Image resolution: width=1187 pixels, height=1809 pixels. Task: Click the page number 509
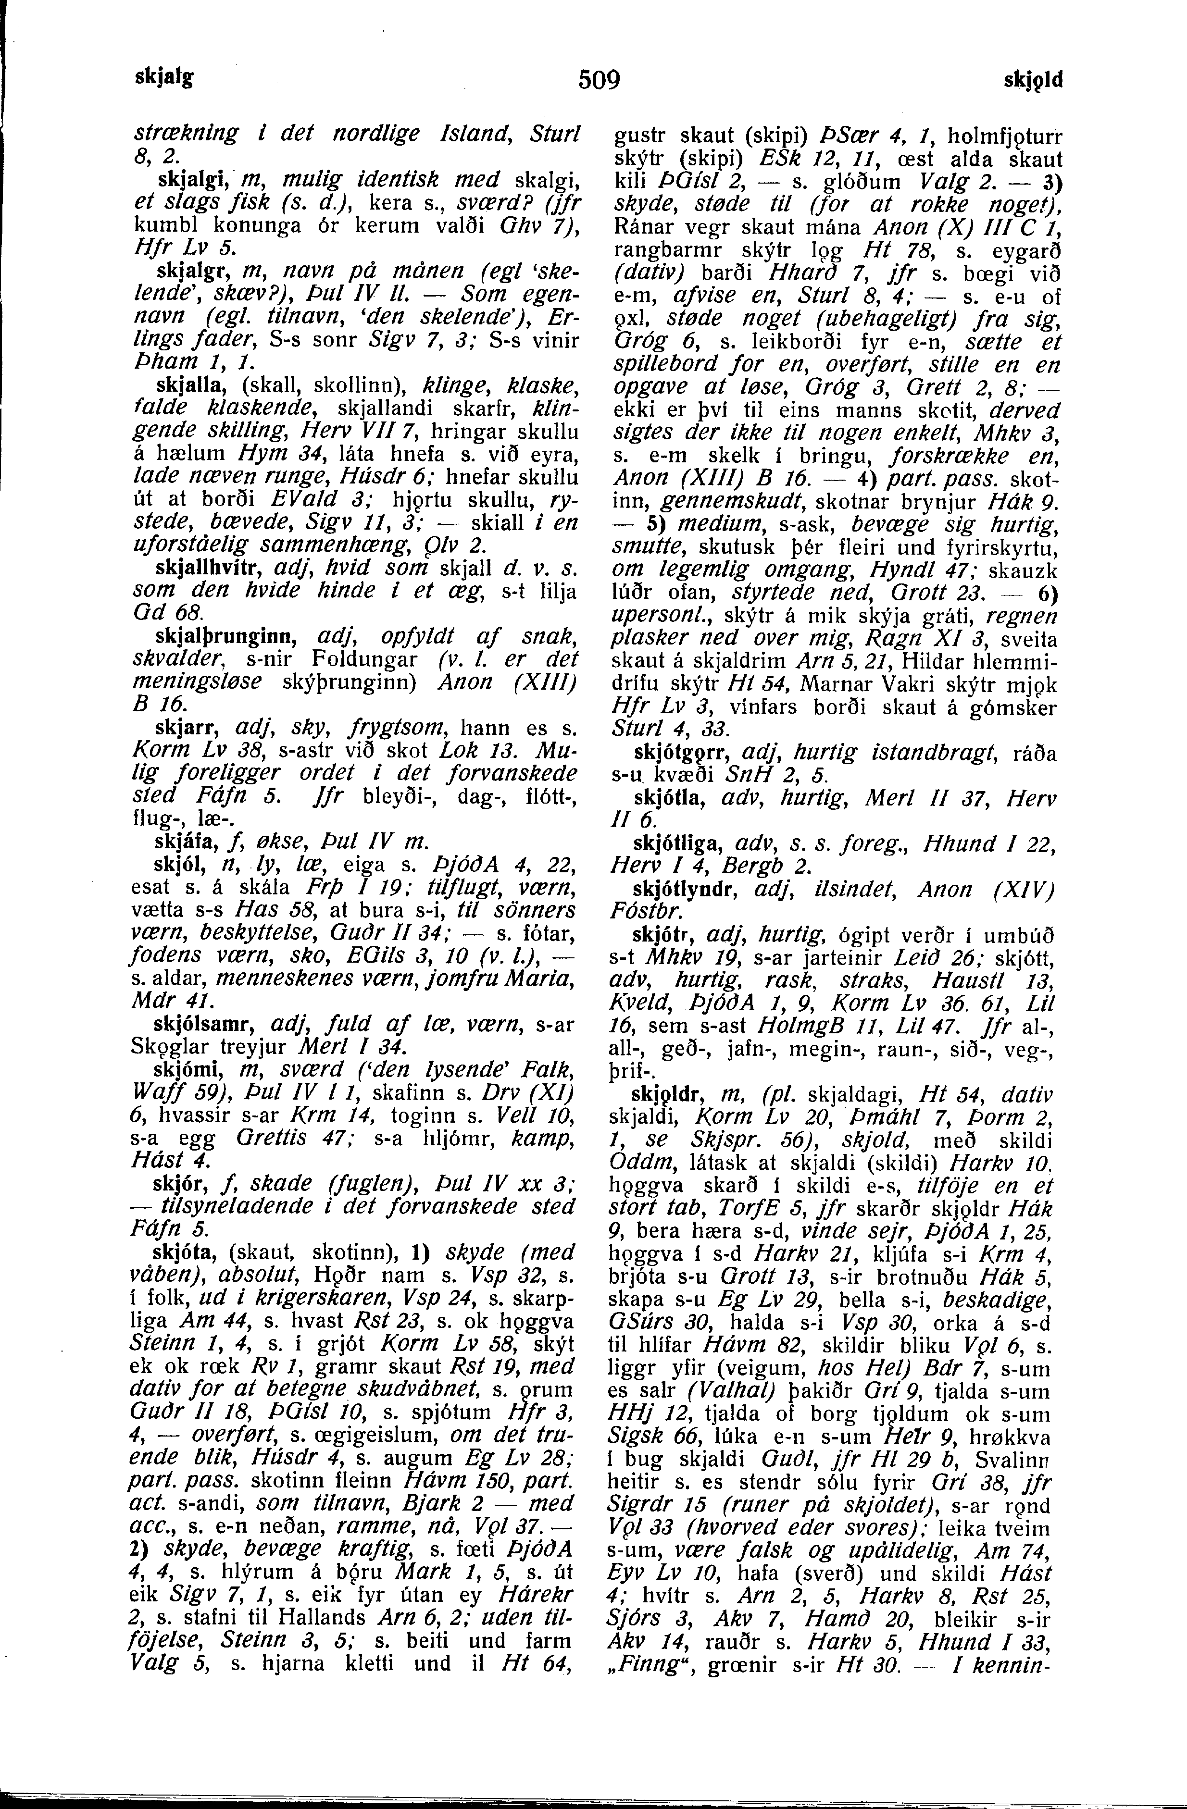599,79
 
